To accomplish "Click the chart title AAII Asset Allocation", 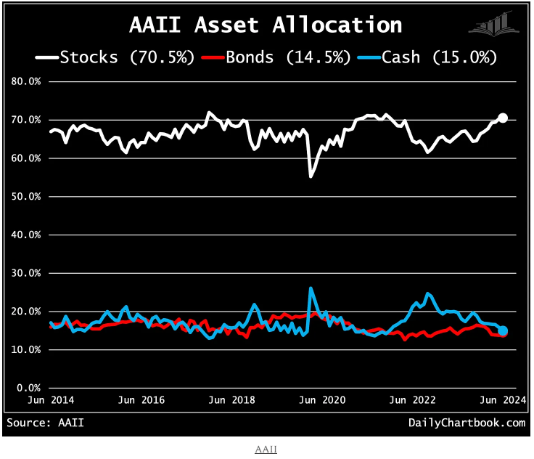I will click(x=266, y=25).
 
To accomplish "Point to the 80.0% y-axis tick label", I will click(x=26, y=81).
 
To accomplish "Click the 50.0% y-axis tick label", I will click(x=26, y=196).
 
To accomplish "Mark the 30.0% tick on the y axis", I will click(x=26, y=273).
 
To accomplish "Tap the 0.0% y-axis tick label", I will click(x=29, y=388).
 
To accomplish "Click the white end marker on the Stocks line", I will click(x=503, y=118).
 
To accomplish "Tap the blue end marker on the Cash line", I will click(x=503, y=330).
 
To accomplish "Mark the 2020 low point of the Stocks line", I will click(x=311, y=176).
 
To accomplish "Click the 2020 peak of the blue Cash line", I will click(x=311, y=288).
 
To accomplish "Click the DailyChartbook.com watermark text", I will click(x=467, y=423).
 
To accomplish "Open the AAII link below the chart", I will click(x=266, y=450).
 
